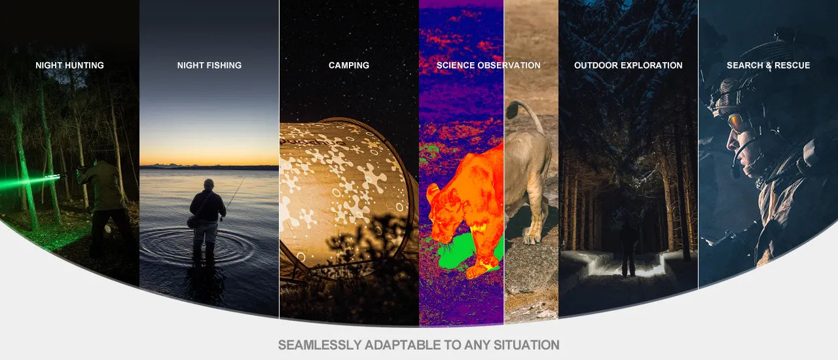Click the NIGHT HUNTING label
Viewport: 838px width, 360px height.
(x=69, y=65)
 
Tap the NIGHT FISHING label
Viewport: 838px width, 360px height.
(x=209, y=65)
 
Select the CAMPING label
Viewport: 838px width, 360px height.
(x=349, y=65)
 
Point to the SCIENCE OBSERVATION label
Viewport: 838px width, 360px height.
(x=488, y=65)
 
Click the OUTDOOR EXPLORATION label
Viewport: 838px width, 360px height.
(x=628, y=65)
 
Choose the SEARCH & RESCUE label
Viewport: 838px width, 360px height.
(x=768, y=65)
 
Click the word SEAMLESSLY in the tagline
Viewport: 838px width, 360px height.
(x=319, y=345)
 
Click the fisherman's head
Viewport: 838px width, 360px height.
(x=209, y=184)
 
